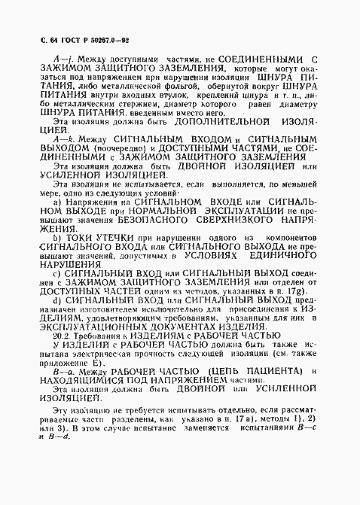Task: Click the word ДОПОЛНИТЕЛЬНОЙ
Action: tap(217, 121)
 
